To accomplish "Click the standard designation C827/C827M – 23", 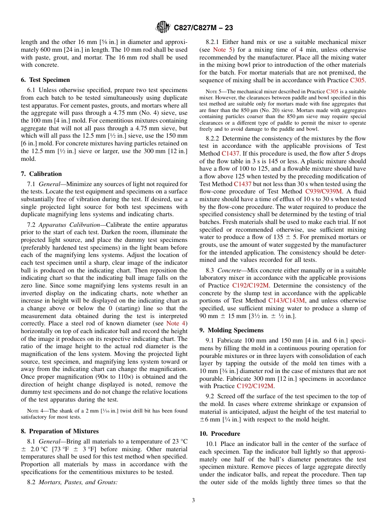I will [203, 28].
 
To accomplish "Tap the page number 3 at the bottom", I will [193, 500].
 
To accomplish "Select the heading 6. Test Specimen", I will [45, 80].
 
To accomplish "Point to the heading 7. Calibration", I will [41, 174].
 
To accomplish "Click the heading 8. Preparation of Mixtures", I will [59, 431].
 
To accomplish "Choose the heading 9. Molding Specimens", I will [231, 330].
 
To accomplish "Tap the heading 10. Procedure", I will [220, 434].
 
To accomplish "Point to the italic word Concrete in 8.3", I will [229, 270].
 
